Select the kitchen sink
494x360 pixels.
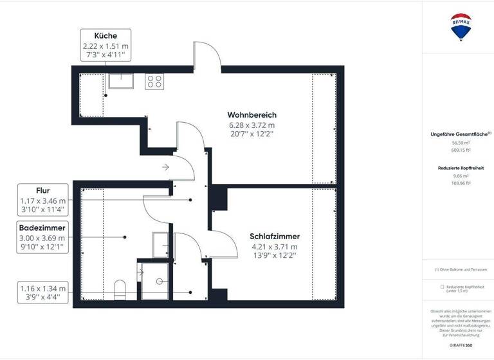click(x=120, y=81)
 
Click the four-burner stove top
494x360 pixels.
click(x=154, y=81)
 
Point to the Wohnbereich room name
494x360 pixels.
click(x=252, y=114)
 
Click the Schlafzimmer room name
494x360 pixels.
click(x=275, y=236)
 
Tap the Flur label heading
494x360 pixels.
click(x=44, y=190)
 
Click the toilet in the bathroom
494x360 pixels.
click(x=120, y=289)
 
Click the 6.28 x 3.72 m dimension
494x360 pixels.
click(x=252, y=125)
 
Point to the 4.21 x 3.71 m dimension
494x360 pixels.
click(x=275, y=246)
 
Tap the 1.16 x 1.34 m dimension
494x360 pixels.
click(x=44, y=289)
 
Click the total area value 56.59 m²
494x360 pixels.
click(x=460, y=143)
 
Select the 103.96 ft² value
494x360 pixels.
click(x=460, y=183)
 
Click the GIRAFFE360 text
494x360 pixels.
click(x=460, y=345)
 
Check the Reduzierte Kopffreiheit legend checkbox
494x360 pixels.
click(x=443, y=287)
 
